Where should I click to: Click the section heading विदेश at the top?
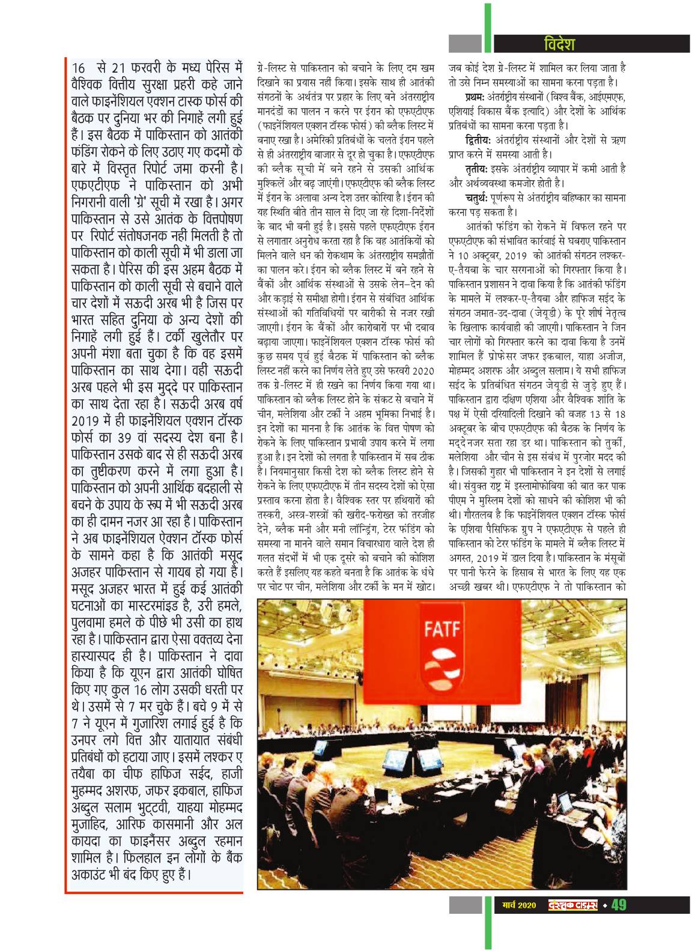point(558,44)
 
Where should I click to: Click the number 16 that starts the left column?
point(78,66)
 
